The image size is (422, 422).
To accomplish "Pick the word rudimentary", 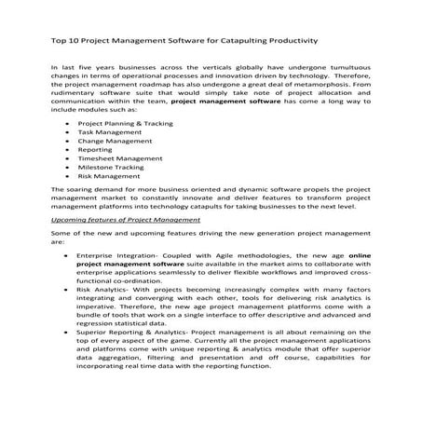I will (x=77, y=91).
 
